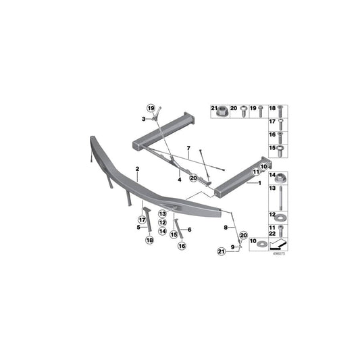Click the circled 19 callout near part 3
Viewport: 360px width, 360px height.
tap(151, 108)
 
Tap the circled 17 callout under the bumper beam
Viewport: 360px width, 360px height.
tap(143, 220)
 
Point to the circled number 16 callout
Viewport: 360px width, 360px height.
tap(181, 247)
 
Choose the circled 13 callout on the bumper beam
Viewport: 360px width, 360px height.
tap(163, 213)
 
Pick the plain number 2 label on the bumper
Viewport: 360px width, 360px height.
tap(136, 168)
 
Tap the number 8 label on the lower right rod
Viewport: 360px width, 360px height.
tap(226, 229)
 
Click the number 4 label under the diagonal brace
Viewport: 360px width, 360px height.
tap(180, 180)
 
